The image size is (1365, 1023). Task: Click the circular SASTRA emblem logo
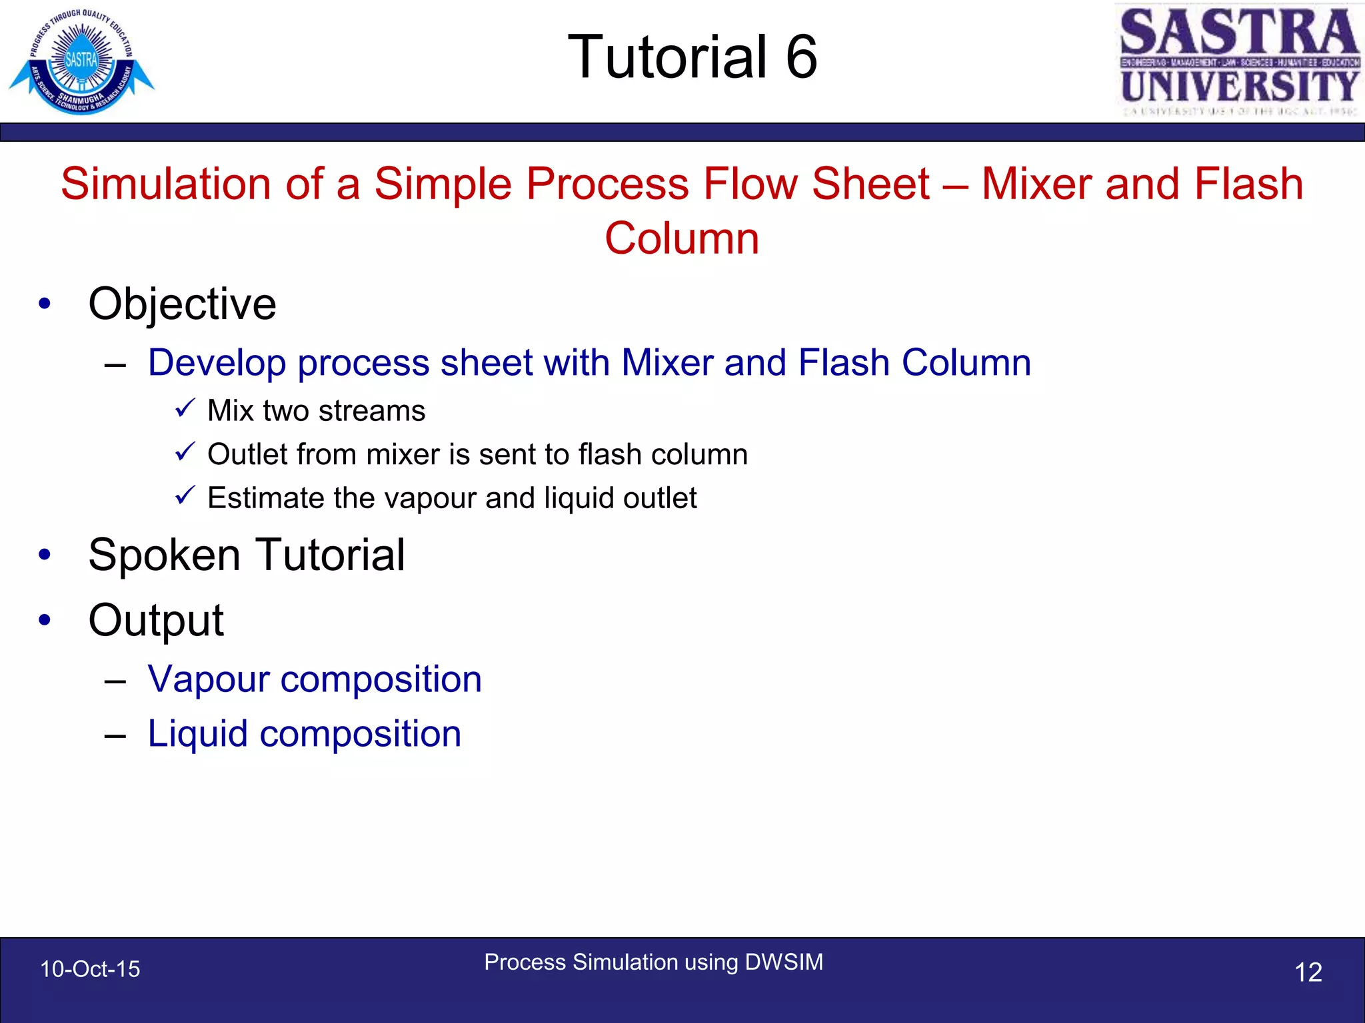(x=81, y=61)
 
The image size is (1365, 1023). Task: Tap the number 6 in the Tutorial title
(x=801, y=57)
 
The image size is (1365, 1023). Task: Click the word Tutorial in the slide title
(x=667, y=57)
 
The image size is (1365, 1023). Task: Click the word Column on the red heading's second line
(x=682, y=238)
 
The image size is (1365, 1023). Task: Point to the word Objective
(x=182, y=304)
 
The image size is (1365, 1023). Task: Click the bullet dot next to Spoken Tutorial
(x=45, y=555)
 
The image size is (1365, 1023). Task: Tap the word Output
(x=156, y=620)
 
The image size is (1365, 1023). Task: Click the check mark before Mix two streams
(x=185, y=408)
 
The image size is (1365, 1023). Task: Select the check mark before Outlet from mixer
(x=185, y=452)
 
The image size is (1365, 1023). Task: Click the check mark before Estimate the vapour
(x=185, y=496)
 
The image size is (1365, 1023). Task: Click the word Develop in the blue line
(x=217, y=363)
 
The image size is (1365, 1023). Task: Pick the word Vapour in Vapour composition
(x=207, y=679)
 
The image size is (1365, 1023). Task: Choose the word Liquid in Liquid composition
(x=197, y=734)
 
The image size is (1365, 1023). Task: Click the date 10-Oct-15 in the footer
(x=90, y=969)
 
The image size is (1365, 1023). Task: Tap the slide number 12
(x=1308, y=972)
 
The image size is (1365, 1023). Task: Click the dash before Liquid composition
(x=115, y=736)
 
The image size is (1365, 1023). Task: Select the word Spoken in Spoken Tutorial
(x=164, y=555)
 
